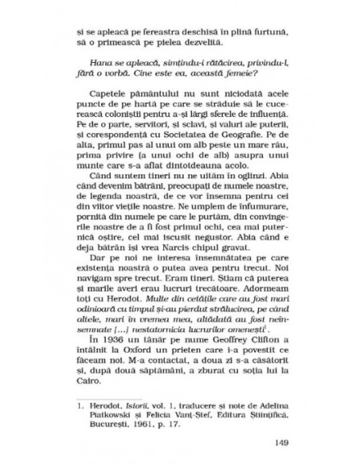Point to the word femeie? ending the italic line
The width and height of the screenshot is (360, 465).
click(x=250, y=80)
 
